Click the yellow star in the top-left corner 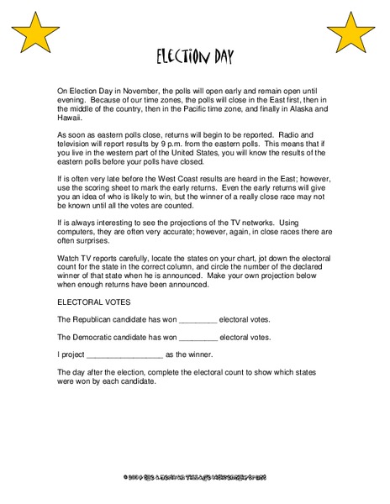(x=33, y=33)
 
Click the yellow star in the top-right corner (x=350, y=33)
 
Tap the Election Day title (x=194, y=58)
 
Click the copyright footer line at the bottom (x=194, y=477)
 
